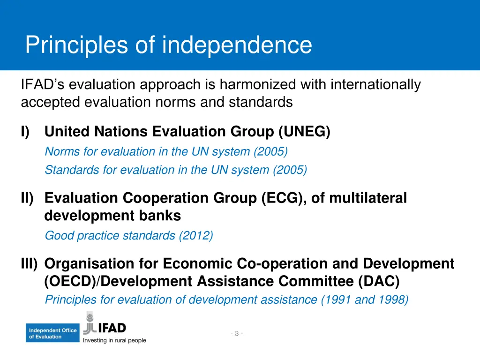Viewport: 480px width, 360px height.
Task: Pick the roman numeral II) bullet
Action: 27,198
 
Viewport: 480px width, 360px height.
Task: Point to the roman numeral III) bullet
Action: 29,264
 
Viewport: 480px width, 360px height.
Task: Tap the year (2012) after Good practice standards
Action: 195,236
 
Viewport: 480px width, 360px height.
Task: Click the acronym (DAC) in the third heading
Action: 379,282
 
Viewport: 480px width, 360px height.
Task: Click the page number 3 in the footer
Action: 237,333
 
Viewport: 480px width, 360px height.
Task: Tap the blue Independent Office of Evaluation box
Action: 52,333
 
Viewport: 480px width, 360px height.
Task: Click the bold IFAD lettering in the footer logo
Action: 111,328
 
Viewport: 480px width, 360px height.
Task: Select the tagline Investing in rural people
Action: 114,341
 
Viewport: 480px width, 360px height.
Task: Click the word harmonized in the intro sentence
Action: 258,85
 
